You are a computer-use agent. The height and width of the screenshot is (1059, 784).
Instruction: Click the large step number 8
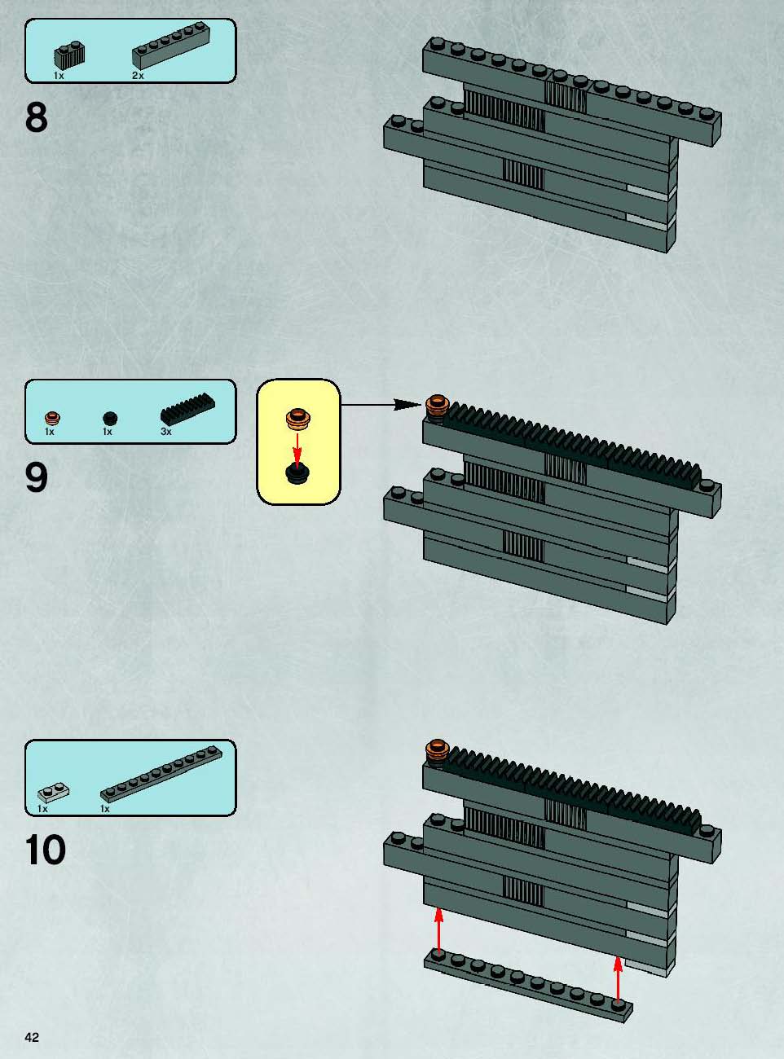click(x=37, y=117)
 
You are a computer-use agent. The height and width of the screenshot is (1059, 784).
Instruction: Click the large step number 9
click(x=37, y=478)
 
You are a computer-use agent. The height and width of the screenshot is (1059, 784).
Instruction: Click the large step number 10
click(x=46, y=850)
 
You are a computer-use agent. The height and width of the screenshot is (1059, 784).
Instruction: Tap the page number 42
click(x=32, y=1038)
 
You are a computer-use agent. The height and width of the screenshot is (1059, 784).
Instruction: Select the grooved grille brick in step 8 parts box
click(x=70, y=56)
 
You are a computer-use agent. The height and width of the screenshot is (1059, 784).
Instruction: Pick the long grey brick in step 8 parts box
click(x=170, y=46)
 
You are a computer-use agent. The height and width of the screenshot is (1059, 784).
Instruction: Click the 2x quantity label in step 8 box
click(x=138, y=76)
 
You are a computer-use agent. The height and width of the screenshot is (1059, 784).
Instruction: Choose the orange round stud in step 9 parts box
click(x=52, y=418)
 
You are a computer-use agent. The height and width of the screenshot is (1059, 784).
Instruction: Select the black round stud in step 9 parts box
click(x=110, y=418)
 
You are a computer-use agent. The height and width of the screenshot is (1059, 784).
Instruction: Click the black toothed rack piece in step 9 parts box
click(x=187, y=410)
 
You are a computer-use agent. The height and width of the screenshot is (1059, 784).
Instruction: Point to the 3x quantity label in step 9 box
click(x=166, y=432)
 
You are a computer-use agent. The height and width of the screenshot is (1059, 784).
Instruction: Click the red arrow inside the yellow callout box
click(x=297, y=450)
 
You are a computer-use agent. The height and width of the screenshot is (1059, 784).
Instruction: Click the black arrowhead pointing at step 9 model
click(x=408, y=405)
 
